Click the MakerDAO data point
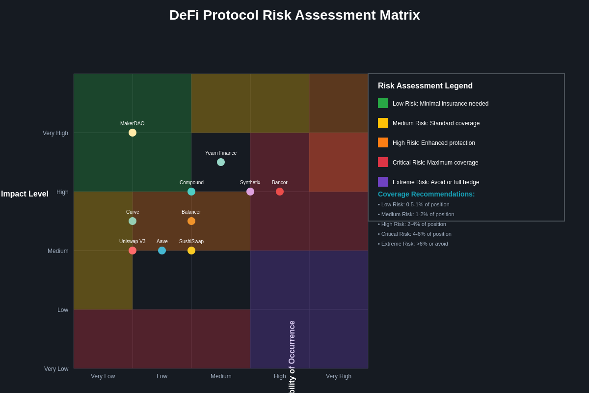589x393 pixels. [133, 133]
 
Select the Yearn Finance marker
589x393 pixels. [221, 162]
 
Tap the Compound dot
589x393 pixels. [191, 192]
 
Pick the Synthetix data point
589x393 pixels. [250, 192]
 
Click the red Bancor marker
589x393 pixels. [280, 192]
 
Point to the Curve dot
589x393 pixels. [133, 221]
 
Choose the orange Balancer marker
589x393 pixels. [191, 221]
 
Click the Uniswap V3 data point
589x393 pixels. [133, 251]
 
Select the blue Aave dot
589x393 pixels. [162, 251]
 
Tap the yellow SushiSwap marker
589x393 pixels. [191, 251]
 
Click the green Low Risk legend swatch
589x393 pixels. [383, 103]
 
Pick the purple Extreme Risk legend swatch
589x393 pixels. [383, 182]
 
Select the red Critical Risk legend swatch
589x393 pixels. [383, 162]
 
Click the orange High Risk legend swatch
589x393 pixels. [383, 142]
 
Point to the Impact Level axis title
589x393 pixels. [25, 194]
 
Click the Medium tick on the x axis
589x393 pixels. [221, 376]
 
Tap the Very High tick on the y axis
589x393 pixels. [55, 133]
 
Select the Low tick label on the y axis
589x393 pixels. [63, 310]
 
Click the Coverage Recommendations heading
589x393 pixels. [426, 194]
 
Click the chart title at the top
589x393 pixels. [294, 15]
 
